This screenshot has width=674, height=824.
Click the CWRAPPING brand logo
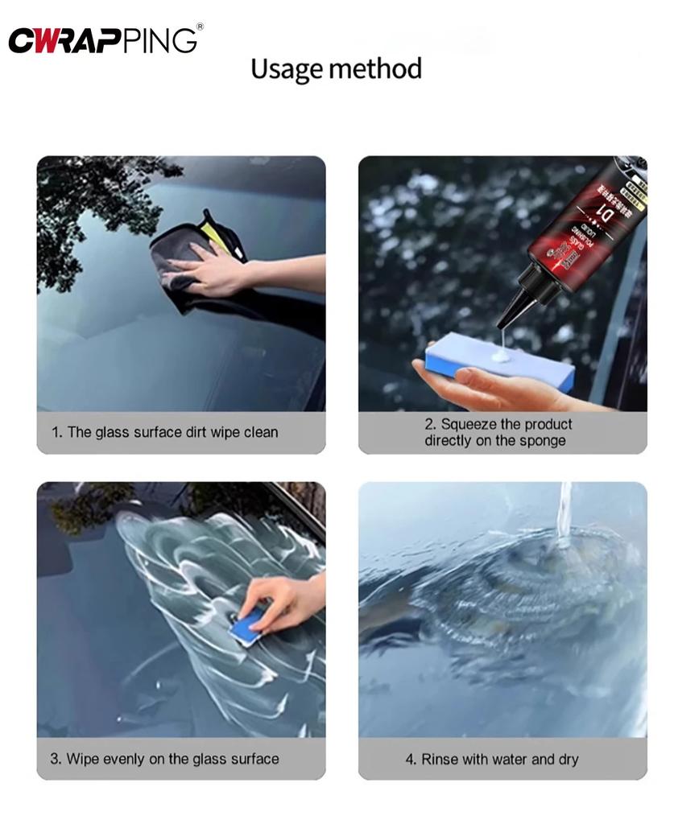[x=102, y=40]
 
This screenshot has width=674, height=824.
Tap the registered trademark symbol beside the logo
[x=200, y=27]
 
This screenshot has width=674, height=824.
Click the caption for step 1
[x=164, y=432]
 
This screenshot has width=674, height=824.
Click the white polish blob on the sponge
[x=502, y=352]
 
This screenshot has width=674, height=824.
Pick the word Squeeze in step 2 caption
[x=470, y=424]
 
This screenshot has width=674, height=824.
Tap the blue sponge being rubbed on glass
[x=248, y=624]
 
